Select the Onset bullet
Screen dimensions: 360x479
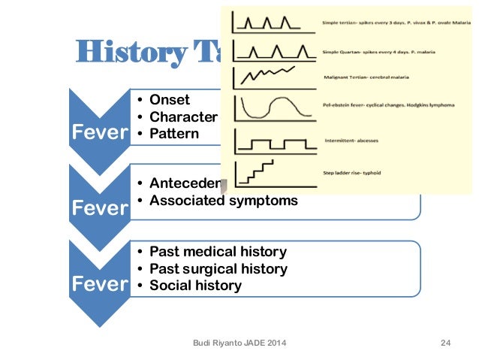point(170,100)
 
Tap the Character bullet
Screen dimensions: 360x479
point(182,116)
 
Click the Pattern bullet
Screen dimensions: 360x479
point(174,134)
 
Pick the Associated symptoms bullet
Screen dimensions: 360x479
point(223,201)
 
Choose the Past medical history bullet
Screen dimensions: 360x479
point(218,252)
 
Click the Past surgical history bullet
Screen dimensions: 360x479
point(218,268)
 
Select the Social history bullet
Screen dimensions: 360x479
point(195,286)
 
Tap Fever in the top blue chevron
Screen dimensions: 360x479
point(98,132)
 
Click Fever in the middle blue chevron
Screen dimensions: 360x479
point(98,209)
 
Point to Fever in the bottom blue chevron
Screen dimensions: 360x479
point(98,285)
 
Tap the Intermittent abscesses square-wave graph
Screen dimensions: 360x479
point(274,143)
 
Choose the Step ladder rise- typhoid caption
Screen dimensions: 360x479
point(351,173)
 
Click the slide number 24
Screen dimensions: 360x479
point(445,343)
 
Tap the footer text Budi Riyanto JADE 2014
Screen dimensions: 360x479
point(239,343)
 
